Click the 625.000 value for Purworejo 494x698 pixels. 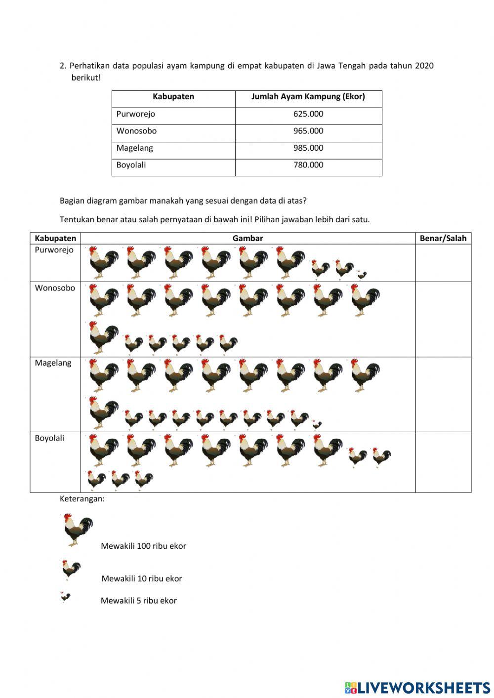308,114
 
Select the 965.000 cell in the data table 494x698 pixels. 308,131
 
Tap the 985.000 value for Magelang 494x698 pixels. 308,148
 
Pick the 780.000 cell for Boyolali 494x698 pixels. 308,165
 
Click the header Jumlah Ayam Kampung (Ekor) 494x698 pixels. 308,97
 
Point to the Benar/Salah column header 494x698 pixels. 443,239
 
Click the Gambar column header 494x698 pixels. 247,239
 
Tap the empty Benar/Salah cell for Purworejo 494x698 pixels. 443,263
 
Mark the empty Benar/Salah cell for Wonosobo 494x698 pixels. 443,320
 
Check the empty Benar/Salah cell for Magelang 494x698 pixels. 443,395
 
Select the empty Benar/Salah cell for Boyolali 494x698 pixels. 443,462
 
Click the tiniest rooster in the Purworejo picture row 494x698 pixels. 362,275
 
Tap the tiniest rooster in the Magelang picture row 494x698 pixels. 316,424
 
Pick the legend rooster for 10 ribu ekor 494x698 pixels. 71,570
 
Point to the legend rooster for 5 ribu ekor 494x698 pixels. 65,597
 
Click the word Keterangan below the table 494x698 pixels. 82,499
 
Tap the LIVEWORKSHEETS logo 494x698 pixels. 417,687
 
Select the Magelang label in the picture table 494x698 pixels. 53,363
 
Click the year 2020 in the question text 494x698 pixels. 424,66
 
